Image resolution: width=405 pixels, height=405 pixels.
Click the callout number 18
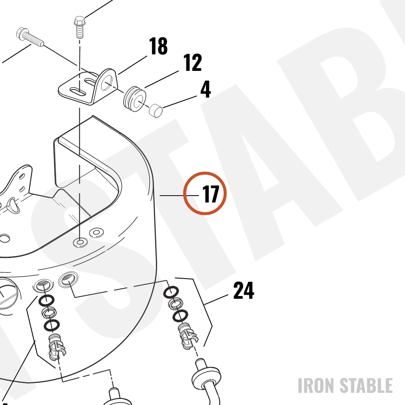point(158,46)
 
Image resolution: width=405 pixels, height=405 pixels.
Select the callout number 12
point(192,62)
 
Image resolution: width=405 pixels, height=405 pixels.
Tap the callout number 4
point(206,89)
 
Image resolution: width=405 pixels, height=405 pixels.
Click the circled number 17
point(211,194)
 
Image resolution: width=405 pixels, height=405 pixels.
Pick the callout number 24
point(243,290)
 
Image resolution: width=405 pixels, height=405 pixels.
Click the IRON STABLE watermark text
point(345,386)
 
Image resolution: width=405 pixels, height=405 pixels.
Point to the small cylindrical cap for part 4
point(156,111)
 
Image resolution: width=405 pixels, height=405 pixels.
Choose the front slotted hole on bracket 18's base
point(78,92)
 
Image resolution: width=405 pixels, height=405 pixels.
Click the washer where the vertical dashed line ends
point(80,242)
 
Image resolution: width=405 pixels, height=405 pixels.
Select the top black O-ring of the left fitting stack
point(47,301)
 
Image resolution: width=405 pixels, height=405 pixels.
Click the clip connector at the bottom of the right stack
point(188,336)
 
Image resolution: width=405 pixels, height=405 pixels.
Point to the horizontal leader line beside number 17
point(179,196)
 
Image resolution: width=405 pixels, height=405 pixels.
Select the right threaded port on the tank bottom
point(68,279)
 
